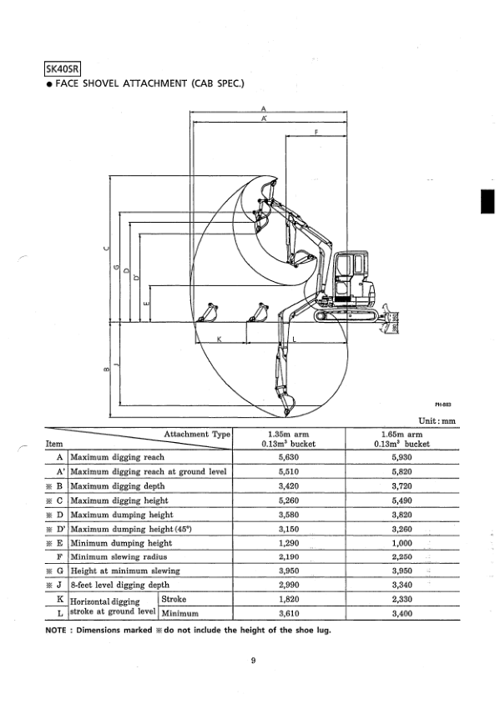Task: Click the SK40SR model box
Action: tap(63, 69)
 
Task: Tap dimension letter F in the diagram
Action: tap(316, 132)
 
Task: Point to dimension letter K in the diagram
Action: tap(220, 339)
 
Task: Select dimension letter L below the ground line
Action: tap(295, 339)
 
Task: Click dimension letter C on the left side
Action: tap(106, 249)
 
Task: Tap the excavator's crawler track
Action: tap(346, 314)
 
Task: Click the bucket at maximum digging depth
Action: tap(286, 405)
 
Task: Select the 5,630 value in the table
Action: tap(289, 457)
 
